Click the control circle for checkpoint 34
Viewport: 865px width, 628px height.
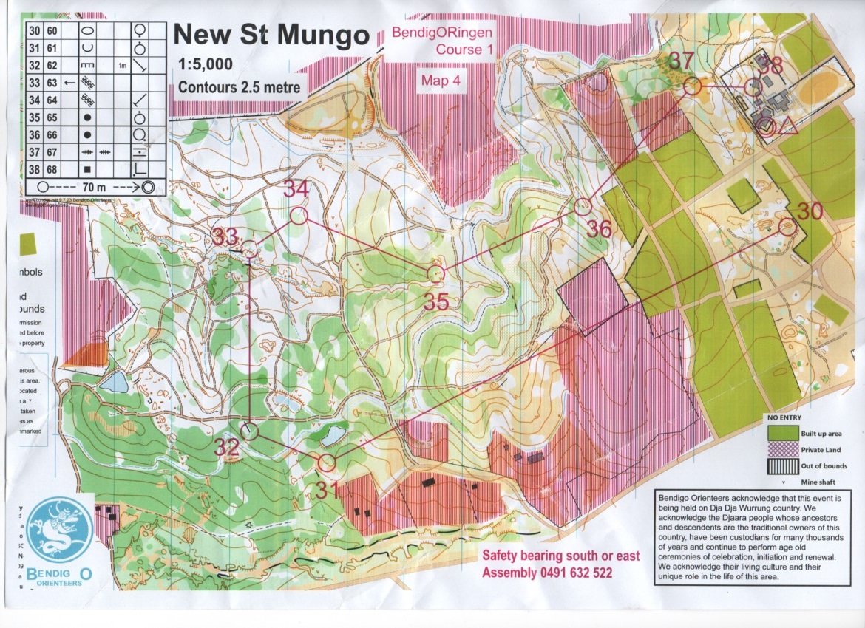click(x=298, y=216)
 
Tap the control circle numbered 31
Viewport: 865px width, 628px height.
click(x=326, y=463)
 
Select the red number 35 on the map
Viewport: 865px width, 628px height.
click(x=438, y=301)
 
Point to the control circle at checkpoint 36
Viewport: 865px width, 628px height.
click(x=583, y=206)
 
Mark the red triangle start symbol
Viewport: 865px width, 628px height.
click(x=787, y=126)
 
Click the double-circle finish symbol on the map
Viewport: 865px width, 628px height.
click(x=767, y=127)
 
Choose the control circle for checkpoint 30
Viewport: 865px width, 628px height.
click(x=787, y=227)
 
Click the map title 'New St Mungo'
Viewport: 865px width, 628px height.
click(x=270, y=34)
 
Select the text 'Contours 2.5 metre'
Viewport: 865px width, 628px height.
click(x=240, y=87)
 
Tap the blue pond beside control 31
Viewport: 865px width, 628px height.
click(x=333, y=435)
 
